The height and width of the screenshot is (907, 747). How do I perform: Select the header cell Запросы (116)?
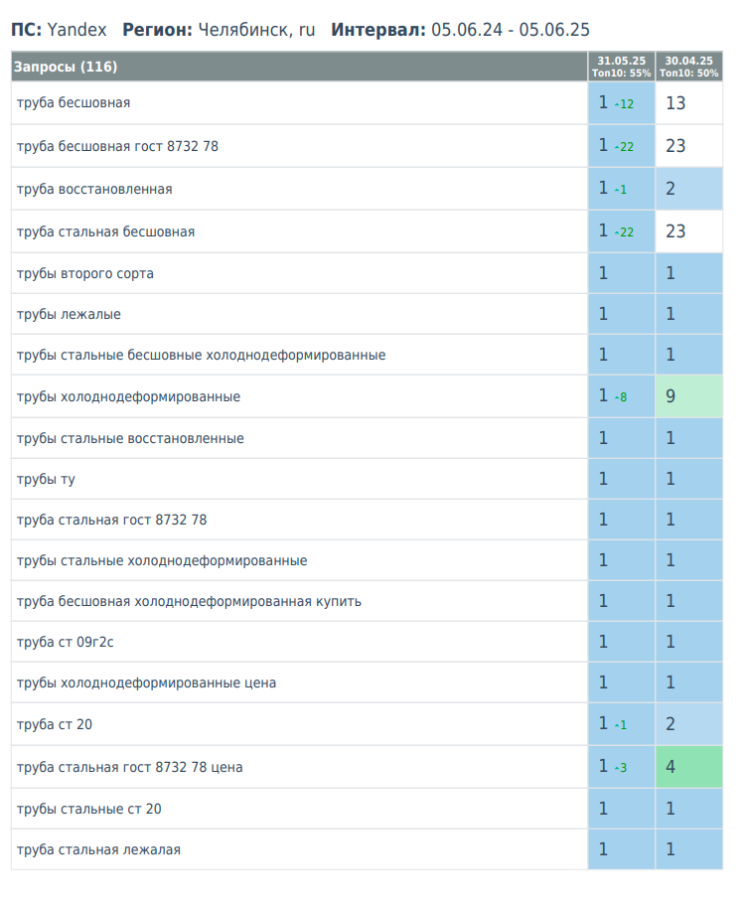click(66, 67)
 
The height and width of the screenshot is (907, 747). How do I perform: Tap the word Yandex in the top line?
click(76, 30)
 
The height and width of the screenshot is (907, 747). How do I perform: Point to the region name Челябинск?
click(240, 30)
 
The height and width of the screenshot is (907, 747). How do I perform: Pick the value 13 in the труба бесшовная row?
click(675, 103)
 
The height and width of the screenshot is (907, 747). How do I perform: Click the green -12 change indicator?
click(624, 104)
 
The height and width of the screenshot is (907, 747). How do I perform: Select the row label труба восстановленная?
click(94, 189)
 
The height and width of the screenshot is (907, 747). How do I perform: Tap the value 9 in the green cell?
click(671, 396)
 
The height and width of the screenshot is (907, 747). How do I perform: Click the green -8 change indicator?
click(621, 397)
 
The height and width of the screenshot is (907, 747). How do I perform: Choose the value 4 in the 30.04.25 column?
click(671, 767)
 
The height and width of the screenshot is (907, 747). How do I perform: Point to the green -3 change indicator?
click(621, 768)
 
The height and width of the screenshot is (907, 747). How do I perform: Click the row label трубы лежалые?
click(69, 314)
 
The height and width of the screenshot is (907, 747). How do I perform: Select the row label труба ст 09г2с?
click(66, 642)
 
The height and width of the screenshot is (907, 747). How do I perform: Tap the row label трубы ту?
click(46, 479)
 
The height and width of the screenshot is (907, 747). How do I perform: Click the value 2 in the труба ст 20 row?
click(671, 724)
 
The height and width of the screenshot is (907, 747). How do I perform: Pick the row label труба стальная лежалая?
click(98, 849)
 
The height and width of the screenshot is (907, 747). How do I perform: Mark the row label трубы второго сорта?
click(85, 273)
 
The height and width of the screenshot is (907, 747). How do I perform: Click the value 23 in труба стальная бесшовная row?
click(675, 231)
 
